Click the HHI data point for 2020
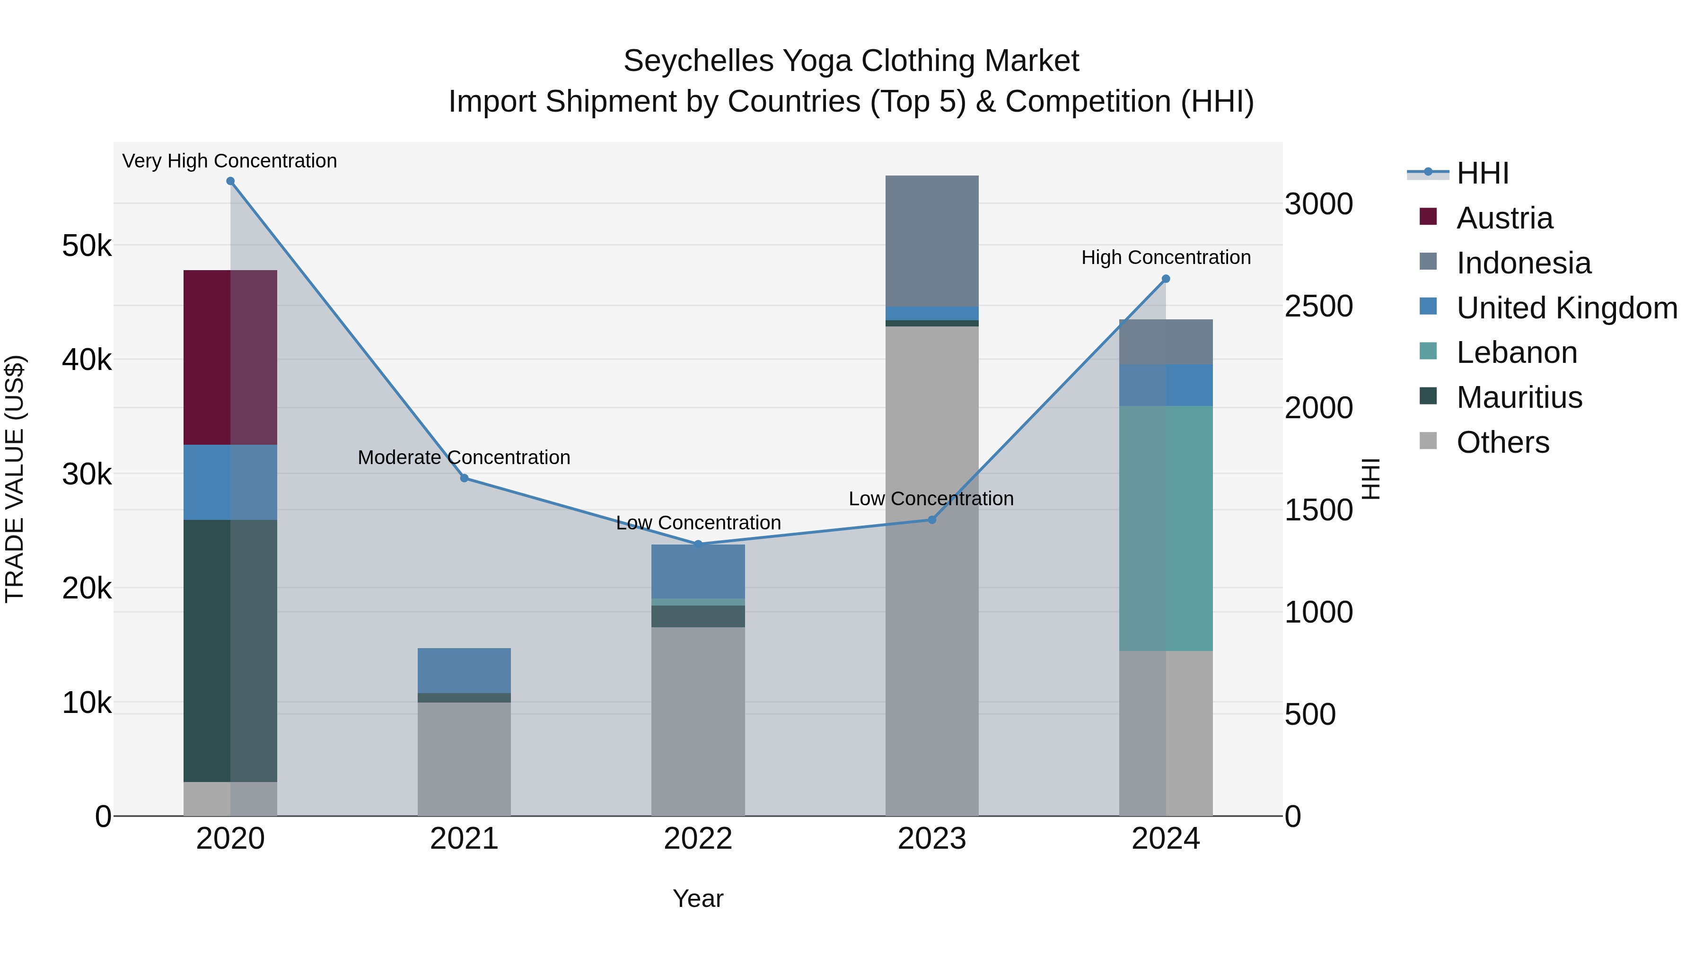coord(230,181)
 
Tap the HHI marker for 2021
coord(464,478)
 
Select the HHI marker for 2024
coord(1166,279)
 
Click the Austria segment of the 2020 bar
coord(230,357)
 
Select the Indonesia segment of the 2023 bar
coord(931,241)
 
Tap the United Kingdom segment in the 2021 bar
coord(464,670)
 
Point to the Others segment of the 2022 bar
coord(698,721)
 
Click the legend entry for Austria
coord(1504,218)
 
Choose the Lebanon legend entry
coord(1516,352)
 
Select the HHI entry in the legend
coord(1482,173)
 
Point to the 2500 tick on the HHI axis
coord(1318,306)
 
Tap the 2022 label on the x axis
coord(698,839)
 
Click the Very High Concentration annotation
coord(229,161)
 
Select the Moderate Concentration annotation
coord(464,457)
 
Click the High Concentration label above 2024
coord(1166,257)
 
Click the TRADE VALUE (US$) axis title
coord(15,479)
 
